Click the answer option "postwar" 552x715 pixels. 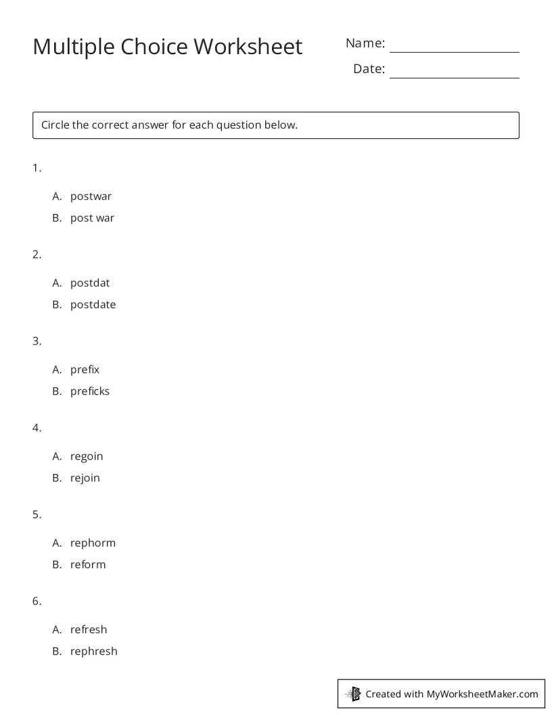(91, 196)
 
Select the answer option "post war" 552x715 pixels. (92, 218)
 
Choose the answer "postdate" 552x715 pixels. (93, 305)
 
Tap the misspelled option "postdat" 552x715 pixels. (89, 283)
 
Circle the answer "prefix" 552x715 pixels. (85, 370)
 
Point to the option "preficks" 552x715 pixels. (89, 391)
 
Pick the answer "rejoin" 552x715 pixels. (85, 478)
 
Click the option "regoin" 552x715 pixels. (87, 456)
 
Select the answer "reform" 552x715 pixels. (88, 565)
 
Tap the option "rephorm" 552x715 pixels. (93, 543)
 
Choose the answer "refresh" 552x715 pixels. (89, 630)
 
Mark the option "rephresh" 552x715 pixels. (93, 651)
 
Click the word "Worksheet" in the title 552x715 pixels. (248, 47)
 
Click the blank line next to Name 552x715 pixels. (454, 47)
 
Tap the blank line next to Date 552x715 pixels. (454, 73)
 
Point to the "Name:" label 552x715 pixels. (365, 43)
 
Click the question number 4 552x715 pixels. (37, 428)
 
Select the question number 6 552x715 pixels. (37, 601)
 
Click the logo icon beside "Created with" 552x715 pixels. (354, 693)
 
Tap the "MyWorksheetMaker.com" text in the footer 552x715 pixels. (482, 694)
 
